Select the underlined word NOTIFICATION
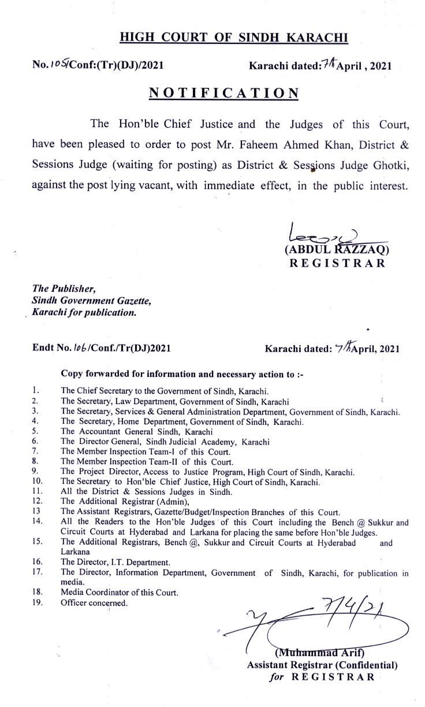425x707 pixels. coord(224,92)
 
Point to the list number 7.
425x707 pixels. coord(35,450)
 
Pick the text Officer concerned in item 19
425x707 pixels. coord(94,602)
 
